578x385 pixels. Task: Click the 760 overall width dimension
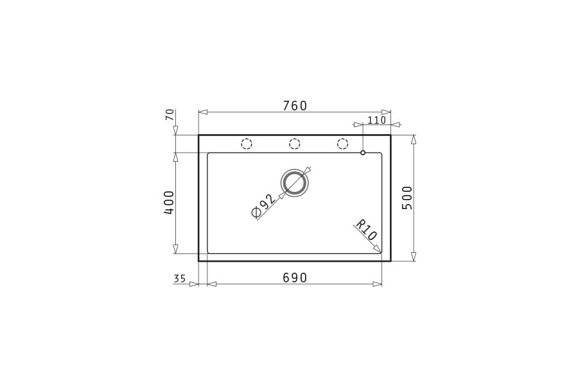[x=295, y=106]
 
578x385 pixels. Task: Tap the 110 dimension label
[x=377, y=120]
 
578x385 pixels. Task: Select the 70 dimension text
[x=170, y=115]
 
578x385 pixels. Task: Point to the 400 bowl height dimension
[x=169, y=203]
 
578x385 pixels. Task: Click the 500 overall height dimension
[x=407, y=198]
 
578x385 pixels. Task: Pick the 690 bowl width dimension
[x=295, y=278]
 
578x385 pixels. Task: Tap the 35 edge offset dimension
[x=180, y=278]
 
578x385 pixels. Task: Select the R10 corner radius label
[x=365, y=230]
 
